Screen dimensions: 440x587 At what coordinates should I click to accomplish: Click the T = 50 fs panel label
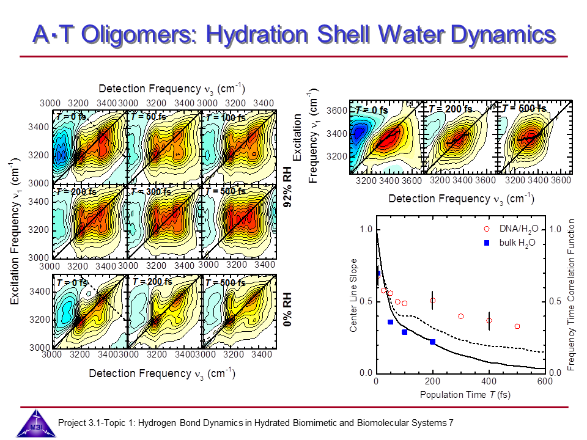tap(150, 117)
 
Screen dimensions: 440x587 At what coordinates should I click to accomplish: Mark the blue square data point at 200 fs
tap(432, 342)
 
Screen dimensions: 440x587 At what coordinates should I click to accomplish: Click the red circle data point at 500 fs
tap(517, 326)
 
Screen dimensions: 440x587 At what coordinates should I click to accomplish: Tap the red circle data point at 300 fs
tap(460, 316)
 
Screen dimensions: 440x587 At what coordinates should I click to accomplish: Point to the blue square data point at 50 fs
tap(390, 322)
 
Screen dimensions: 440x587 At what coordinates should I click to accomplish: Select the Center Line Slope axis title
tap(353, 296)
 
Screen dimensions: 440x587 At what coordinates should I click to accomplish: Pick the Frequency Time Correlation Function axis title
tap(572, 296)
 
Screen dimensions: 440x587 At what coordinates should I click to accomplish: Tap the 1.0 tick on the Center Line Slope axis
tap(365, 229)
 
